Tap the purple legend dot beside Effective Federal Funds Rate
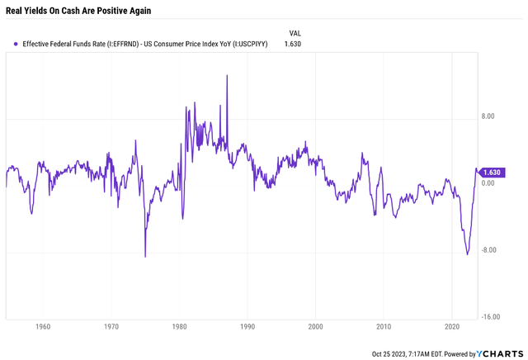tap(16, 44)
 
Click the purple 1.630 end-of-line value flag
tap(493, 172)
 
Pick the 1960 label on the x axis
tap(43, 327)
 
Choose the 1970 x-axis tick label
tap(111, 327)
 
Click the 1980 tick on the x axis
tap(179, 327)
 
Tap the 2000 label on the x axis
tap(315, 327)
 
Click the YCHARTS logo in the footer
tap(499, 353)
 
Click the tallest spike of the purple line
tap(227, 75)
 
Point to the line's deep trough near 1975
tap(145, 256)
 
